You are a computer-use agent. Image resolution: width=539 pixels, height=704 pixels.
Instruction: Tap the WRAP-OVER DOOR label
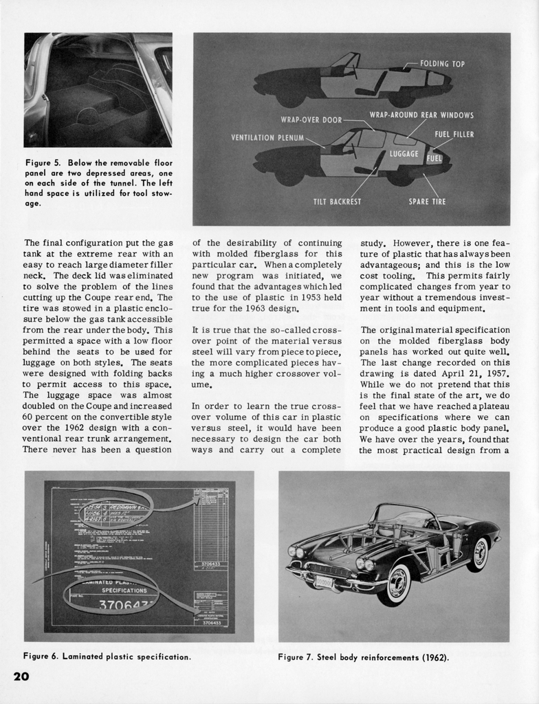pos(311,120)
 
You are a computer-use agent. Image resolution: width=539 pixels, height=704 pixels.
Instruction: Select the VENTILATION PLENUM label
pos(267,138)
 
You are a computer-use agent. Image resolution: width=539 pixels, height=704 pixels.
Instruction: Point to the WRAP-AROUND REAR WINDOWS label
pos(421,115)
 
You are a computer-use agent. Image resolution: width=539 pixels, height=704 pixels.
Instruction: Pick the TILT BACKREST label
pos(337,201)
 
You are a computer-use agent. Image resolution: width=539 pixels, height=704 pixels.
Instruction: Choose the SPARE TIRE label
pos(427,201)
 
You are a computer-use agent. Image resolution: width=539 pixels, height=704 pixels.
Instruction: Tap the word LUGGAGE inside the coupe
pos(404,153)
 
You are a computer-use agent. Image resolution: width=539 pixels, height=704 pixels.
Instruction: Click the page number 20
pos(21,676)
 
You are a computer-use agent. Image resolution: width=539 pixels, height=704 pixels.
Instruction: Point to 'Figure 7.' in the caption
pos(296,657)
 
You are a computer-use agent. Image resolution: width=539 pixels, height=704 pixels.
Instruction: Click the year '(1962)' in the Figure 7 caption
pos(434,657)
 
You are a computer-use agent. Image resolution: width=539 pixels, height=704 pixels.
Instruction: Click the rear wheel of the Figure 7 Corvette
pos(478,554)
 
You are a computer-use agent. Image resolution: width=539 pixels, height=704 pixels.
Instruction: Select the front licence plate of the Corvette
pos(324,582)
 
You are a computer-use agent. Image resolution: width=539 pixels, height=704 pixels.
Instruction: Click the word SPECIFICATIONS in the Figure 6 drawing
pos(124,590)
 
